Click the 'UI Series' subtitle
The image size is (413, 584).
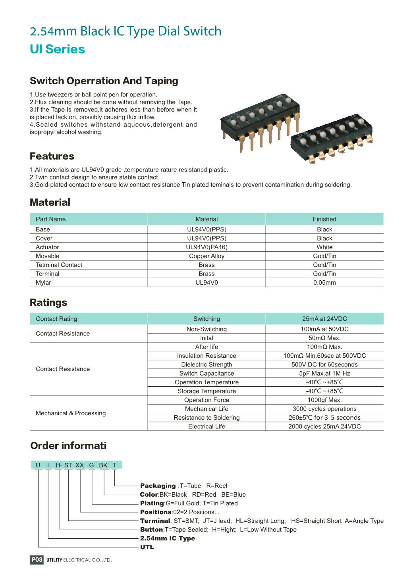point(57,49)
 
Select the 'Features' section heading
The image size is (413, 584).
point(52,156)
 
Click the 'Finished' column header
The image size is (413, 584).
point(324,219)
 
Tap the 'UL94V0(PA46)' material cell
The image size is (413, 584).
point(206,247)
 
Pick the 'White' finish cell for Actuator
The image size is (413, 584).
point(324,247)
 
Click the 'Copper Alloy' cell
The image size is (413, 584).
point(206,256)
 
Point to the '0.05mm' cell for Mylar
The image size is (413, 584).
point(324,283)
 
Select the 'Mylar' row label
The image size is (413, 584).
point(43,283)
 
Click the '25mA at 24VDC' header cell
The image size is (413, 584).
point(324,319)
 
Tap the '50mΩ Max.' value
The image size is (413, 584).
point(324,338)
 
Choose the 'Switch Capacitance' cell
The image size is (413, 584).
point(206,373)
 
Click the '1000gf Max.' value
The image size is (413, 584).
point(324,400)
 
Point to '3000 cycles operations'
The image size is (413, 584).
point(324,409)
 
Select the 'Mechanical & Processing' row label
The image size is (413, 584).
point(71,413)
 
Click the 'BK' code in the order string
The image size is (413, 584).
point(103,465)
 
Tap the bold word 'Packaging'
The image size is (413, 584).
point(158,486)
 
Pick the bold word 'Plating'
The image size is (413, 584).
point(152,503)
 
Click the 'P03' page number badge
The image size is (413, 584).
point(37,560)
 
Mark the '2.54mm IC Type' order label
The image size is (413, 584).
point(168,538)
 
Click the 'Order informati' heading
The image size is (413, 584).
point(68,446)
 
